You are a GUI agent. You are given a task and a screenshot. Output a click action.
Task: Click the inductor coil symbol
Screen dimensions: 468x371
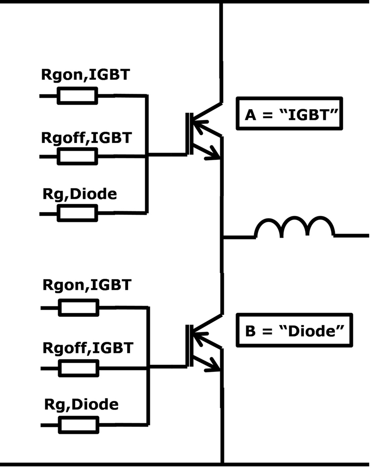click(294, 227)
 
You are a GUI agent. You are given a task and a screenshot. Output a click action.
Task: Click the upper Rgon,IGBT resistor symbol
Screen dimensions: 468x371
click(77, 96)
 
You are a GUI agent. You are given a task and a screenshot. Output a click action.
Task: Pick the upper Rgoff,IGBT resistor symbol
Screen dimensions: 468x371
click(77, 157)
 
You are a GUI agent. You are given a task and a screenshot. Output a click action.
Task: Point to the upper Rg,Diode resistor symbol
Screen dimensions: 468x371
click(77, 213)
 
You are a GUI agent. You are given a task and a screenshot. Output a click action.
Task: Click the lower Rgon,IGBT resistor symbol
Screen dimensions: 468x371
click(78, 307)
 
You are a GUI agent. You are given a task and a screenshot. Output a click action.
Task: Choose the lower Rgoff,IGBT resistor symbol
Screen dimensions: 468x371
click(78, 369)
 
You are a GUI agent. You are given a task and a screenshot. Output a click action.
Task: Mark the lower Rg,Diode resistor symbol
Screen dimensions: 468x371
click(78, 424)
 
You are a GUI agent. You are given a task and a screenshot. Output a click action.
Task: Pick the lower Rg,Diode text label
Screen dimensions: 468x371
click(81, 404)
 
